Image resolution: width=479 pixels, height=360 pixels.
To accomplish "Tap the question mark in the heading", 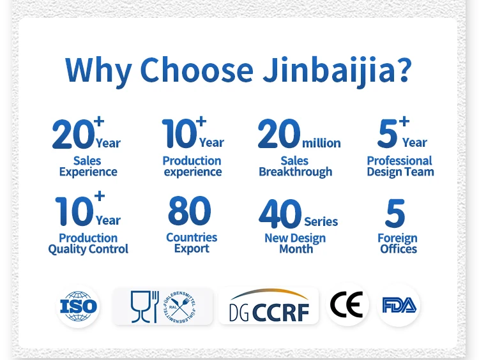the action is [404, 70].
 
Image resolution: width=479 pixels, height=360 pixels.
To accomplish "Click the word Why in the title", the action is [98, 71].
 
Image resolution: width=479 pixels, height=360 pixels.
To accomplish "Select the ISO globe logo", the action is [78, 306].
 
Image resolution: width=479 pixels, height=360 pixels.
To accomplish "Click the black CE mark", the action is [347, 304].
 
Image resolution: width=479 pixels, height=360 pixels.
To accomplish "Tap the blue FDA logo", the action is [399, 305].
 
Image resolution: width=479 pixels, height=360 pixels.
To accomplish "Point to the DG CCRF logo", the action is [269, 305].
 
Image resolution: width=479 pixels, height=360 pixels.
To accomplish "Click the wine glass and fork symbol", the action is [145, 306].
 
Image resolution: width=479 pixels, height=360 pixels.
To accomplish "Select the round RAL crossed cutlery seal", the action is [179, 306].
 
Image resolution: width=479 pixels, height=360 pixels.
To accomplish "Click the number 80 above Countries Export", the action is [190, 211].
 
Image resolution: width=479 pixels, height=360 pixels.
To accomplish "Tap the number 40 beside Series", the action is [280, 214].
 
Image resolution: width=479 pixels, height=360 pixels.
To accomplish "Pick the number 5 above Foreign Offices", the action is [395, 213].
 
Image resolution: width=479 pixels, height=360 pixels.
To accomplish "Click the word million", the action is [321, 143].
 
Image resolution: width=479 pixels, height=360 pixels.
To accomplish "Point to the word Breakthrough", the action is [296, 172].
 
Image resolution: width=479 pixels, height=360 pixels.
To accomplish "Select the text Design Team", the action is [400, 172].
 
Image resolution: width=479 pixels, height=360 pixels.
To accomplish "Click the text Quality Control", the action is [88, 249].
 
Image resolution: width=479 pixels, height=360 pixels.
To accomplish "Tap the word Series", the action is [321, 221].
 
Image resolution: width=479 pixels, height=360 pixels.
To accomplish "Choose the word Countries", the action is [192, 237].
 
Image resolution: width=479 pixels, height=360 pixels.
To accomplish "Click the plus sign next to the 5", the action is [404, 121].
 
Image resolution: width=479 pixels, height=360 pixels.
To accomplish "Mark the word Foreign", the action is [397, 238].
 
